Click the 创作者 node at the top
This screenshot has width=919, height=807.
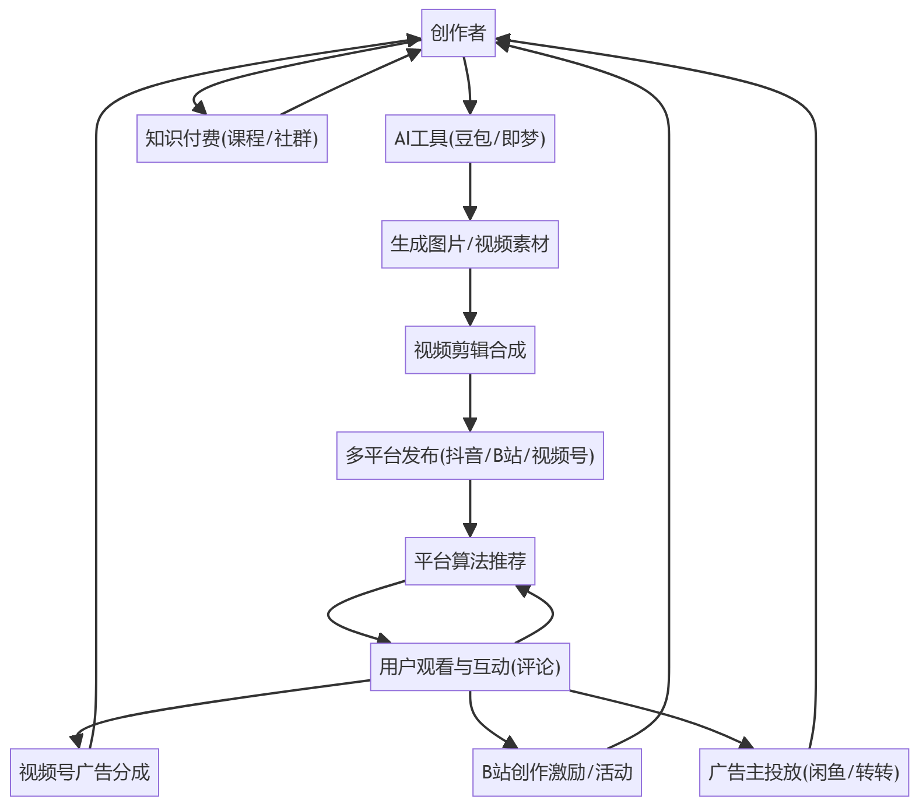click(x=458, y=33)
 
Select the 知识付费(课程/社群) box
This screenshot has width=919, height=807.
click(x=232, y=139)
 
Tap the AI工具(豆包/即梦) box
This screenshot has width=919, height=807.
click(x=470, y=139)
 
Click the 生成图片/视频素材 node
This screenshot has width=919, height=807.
click(x=470, y=244)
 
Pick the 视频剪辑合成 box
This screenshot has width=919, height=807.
click(x=470, y=350)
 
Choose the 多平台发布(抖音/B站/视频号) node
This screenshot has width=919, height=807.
click(x=470, y=456)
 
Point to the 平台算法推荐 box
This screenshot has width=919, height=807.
click(x=470, y=562)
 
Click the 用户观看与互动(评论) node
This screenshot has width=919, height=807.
click(x=470, y=667)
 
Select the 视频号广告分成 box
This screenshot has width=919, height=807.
click(x=85, y=773)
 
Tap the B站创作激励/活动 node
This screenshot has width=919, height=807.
click(x=557, y=773)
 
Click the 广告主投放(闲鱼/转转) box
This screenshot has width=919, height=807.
click(x=804, y=773)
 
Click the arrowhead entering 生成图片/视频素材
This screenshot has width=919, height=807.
click(x=470, y=213)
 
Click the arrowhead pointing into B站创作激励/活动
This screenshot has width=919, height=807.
click(x=511, y=742)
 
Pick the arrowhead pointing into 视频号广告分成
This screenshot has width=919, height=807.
click(x=77, y=741)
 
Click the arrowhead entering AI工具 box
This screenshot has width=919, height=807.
click(x=470, y=108)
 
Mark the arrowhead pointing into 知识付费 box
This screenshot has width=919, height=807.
click(x=200, y=108)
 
